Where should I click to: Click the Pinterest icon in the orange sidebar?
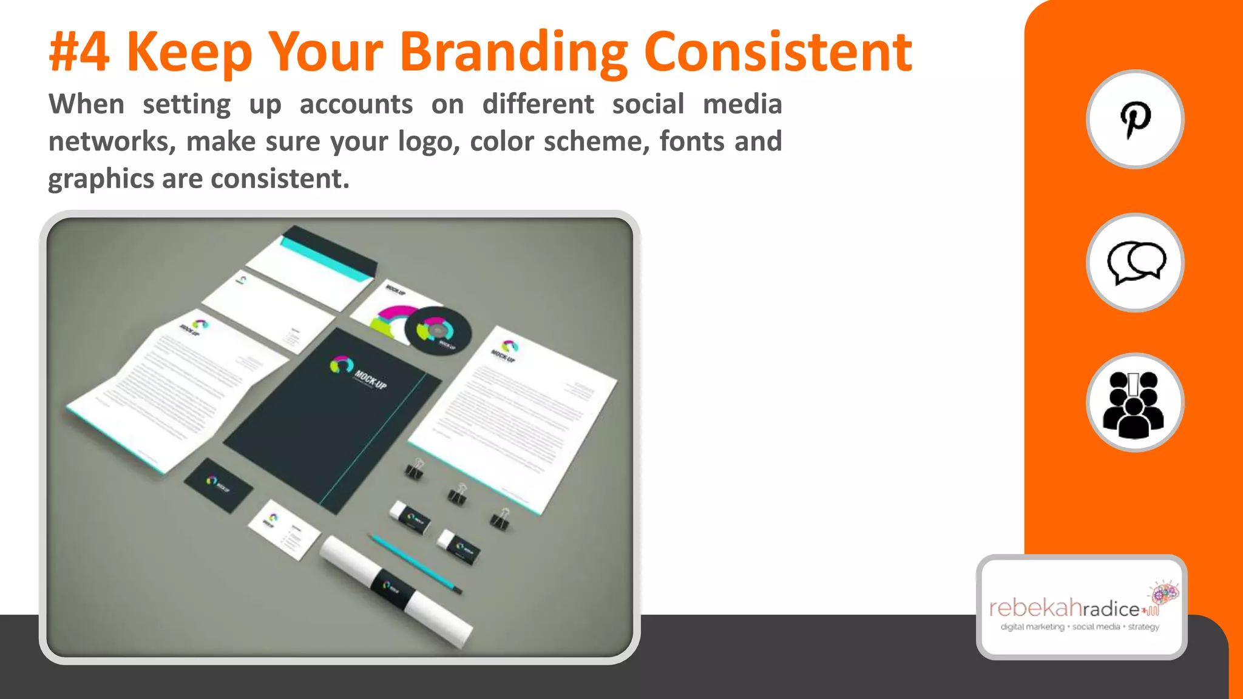(x=1134, y=120)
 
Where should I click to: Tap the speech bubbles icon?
(x=1135, y=263)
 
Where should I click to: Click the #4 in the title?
(x=80, y=52)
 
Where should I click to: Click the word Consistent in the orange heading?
(x=777, y=52)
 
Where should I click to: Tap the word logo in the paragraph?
(x=425, y=142)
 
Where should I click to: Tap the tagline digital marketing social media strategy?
(x=1080, y=627)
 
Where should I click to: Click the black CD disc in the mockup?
(x=438, y=331)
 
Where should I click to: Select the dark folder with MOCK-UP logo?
(x=333, y=419)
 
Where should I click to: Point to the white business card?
(x=283, y=530)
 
